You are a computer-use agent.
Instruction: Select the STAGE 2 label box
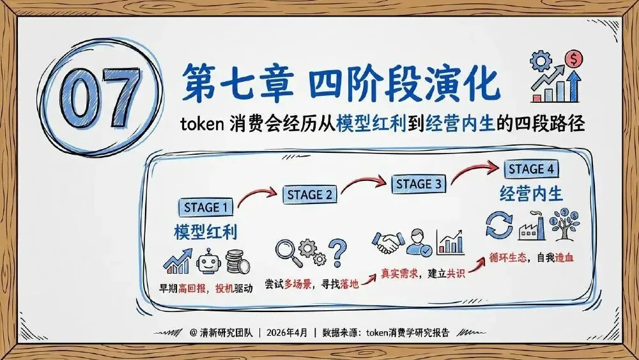point(310,194)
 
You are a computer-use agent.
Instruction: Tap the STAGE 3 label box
point(419,184)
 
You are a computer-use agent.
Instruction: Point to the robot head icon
point(206,261)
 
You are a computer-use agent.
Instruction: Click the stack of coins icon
point(237,262)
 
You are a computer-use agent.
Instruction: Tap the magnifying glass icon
point(287,252)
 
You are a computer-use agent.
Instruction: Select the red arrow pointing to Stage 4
point(476,172)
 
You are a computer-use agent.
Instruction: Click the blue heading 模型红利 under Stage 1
point(205,231)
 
